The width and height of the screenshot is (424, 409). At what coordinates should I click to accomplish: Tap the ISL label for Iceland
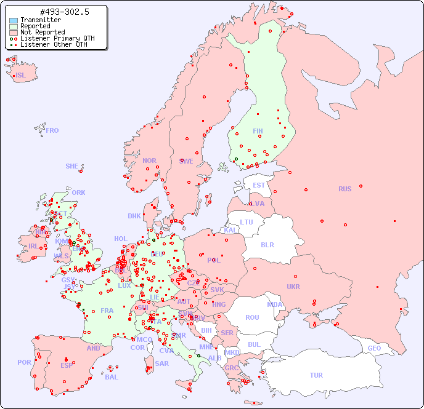21,76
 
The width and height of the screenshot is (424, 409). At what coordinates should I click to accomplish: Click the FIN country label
258,131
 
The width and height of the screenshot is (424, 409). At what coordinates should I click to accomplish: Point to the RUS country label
344,189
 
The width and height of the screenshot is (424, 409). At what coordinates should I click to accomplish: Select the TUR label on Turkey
316,375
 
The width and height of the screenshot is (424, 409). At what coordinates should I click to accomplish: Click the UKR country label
293,287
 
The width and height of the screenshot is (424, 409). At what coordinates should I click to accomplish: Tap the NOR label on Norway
149,161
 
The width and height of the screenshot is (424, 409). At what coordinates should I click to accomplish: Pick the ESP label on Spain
67,365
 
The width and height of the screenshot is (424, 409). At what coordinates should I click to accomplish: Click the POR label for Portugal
24,362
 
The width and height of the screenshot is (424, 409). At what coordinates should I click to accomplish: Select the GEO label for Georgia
374,348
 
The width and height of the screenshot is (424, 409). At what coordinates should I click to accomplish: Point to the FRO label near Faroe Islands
52,130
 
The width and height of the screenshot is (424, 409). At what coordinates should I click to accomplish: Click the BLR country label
267,244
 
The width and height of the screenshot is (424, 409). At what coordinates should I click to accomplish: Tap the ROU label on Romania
252,317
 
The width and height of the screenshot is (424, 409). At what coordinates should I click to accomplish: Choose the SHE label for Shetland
72,166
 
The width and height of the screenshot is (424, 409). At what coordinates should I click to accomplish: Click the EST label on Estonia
259,185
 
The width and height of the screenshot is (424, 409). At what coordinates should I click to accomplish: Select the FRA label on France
107,311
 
